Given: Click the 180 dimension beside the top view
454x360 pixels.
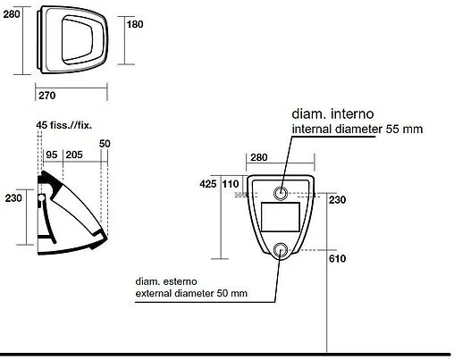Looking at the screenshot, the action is click(135, 24).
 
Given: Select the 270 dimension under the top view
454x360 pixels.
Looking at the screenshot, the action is click(47, 96).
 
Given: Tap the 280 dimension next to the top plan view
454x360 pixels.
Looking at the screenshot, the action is click(12, 14).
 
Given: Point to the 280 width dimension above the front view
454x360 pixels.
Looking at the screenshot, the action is click(259, 157).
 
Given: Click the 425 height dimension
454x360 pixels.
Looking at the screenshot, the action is click(208, 184).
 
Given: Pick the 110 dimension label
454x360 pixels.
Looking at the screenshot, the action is click(231, 184).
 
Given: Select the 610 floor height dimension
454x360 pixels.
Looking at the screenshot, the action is click(337, 258).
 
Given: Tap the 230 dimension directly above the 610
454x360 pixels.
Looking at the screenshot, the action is click(337, 199).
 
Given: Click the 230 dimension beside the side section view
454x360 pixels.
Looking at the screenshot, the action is click(13, 198).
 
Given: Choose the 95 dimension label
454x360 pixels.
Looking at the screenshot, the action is click(52, 155).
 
